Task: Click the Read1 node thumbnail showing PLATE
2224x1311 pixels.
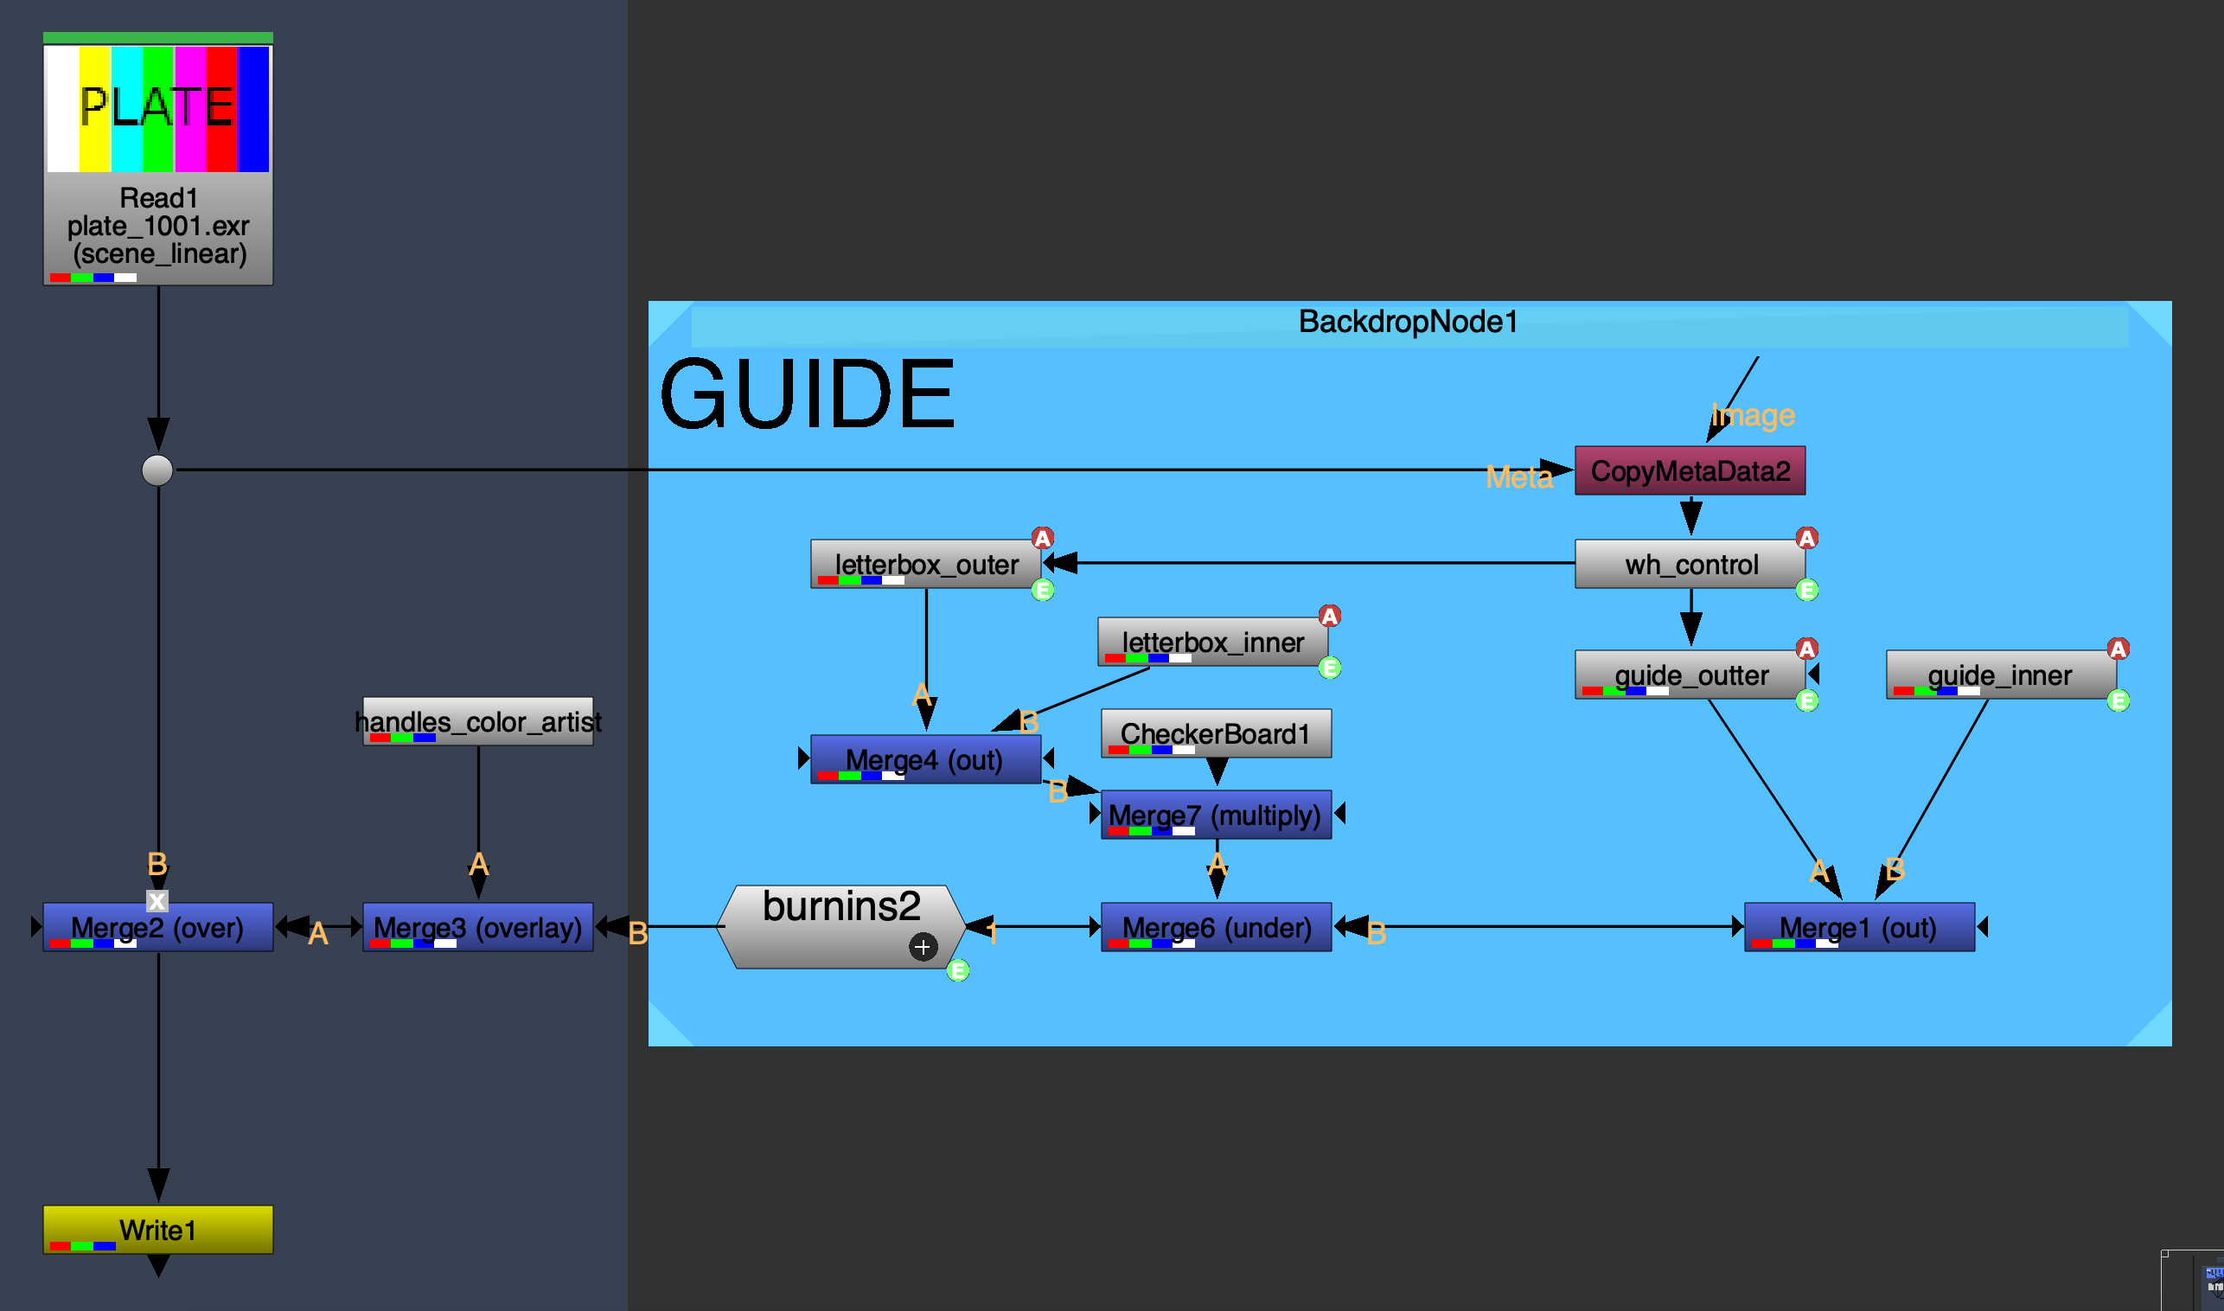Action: point(157,109)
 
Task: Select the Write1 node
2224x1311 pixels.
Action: point(157,1229)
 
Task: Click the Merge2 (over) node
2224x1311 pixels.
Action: point(157,927)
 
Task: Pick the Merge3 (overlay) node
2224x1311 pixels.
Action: point(477,927)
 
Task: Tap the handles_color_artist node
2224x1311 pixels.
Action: point(477,721)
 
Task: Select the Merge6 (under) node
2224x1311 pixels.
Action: point(1216,927)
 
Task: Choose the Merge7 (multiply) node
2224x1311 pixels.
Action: point(1216,814)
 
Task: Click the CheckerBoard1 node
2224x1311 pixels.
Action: point(1216,732)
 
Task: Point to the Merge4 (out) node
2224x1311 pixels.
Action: point(924,759)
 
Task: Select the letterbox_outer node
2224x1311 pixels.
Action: point(924,564)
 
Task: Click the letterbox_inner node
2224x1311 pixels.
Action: point(1211,642)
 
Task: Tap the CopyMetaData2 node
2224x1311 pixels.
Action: point(1689,470)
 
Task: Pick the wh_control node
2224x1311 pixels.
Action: point(1690,564)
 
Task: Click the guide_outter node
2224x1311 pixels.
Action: point(1690,674)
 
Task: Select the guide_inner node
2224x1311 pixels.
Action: point(2000,674)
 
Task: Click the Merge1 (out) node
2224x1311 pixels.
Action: point(1858,927)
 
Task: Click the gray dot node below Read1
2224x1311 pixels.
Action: point(157,470)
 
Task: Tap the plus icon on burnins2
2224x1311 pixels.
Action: point(922,947)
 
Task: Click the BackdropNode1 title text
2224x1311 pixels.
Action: point(1408,322)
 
